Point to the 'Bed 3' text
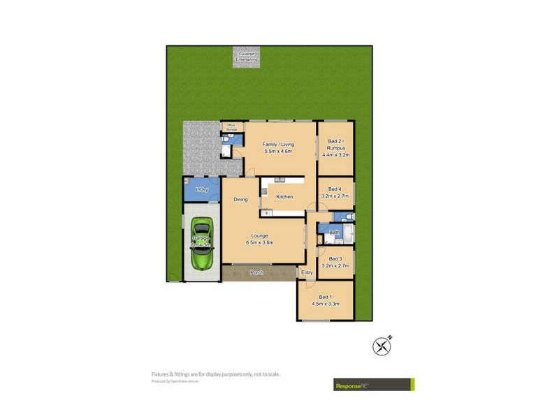[335, 259]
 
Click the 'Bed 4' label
[335, 189]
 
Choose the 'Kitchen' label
[284, 197]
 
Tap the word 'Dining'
[240, 200]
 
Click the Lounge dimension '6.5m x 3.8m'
[259, 242]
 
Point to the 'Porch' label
[257, 272]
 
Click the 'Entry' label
[306, 272]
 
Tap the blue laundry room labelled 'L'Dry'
[201, 190]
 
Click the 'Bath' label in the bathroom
[334, 232]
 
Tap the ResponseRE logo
[372, 384]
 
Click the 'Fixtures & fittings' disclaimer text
[216, 374]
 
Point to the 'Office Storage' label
[230, 126]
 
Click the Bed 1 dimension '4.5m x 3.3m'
[325, 304]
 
